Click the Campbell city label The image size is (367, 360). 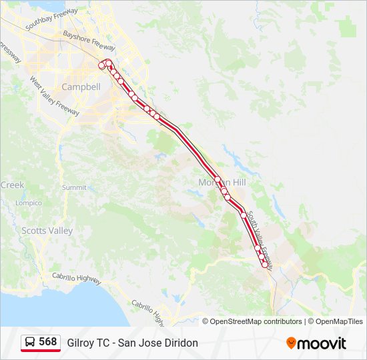(81, 87)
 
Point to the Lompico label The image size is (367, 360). (29, 203)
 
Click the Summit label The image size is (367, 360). (74, 188)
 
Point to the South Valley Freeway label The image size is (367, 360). (261, 236)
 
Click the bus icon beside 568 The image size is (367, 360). (31, 343)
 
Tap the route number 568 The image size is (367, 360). (48, 342)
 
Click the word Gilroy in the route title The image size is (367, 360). (81, 343)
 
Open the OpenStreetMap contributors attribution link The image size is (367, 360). (256, 321)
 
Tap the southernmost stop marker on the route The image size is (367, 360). (265, 265)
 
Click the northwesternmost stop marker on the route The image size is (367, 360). (101, 65)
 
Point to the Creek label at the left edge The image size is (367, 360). (12, 185)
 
